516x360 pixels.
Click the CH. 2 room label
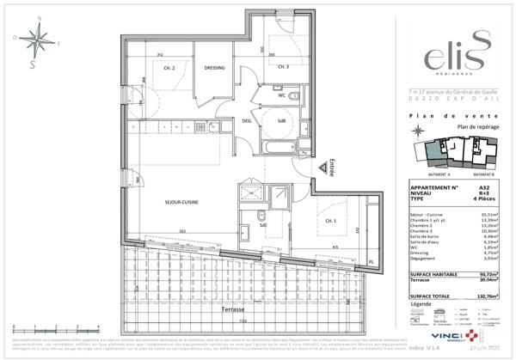(169, 68)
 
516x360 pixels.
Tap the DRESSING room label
(214, 68)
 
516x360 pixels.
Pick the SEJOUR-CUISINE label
(181, 202)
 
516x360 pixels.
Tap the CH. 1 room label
(306, 221)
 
